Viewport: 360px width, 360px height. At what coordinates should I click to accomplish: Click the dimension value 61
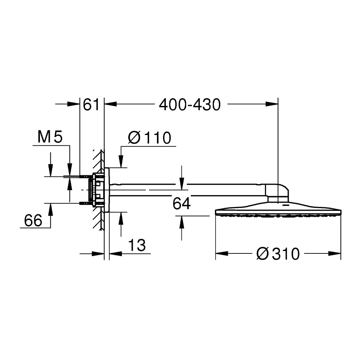coord(91,105)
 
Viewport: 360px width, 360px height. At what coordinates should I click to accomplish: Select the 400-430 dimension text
coord(190,105)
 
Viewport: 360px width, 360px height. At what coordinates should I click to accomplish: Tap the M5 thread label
coord(50,137)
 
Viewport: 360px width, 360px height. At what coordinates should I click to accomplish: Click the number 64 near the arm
coord(181,204)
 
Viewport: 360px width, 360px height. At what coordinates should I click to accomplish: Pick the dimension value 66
coord(33,220)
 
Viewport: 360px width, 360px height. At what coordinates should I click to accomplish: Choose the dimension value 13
coord(137,246)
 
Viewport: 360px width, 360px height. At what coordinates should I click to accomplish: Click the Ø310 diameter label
coord(278,254)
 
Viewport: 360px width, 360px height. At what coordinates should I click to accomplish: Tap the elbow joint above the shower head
coord(278,193)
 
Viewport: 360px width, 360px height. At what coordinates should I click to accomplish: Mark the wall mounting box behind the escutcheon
coord(98,190)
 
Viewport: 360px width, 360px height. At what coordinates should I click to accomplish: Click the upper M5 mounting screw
coord(85,176)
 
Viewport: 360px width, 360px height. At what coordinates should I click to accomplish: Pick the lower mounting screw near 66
coord(85,203)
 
